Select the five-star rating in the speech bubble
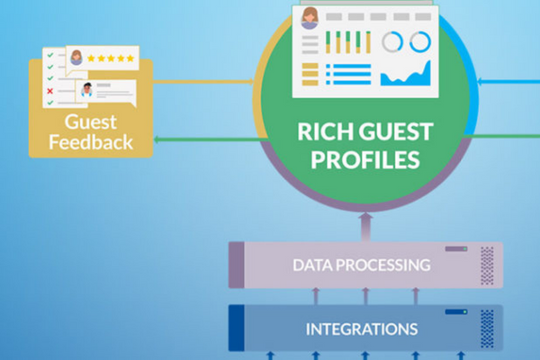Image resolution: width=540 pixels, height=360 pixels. [115, 58]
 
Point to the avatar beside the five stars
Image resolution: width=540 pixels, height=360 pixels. [77, 58]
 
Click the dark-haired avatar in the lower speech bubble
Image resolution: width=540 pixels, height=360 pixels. [87, 90]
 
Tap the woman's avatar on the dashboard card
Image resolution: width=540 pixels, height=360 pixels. [310, 18]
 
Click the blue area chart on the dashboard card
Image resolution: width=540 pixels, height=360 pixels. [406, 73]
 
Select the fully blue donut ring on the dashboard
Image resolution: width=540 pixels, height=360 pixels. [420, 41]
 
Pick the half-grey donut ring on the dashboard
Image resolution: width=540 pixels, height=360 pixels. [391, 41]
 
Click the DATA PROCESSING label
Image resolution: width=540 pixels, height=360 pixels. [360, 265]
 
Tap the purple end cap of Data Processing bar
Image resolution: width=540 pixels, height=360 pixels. [236, 265]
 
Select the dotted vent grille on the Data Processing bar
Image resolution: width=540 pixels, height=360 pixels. [487, 265]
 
